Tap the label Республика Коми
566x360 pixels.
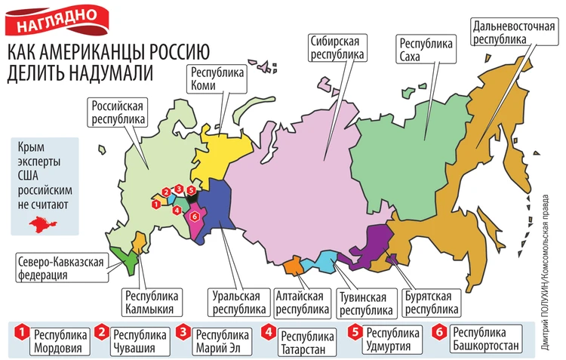tap(219, 80)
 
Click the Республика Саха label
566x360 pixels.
tap(427, 51)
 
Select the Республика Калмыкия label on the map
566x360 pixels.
tap(151, 300)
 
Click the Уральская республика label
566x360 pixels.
tap(238, 302)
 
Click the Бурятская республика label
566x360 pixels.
tap(430, 302)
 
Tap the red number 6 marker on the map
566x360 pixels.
tap(195, 216)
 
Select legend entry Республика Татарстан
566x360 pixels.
tap(306, 340)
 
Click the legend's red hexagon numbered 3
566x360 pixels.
tap(183, 331)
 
